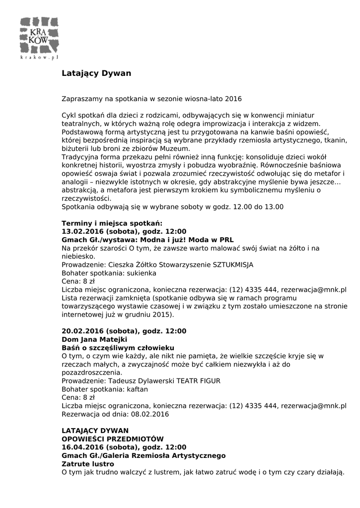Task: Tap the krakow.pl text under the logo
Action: pyautogui.click(x=39, y=58)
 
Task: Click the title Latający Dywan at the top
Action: pyautogui.click(x=96, y=73)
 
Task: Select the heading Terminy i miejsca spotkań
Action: pyautogui.click(x=112, y=223)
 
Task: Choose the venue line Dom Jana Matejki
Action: pyautogui.click(x=94, y=339)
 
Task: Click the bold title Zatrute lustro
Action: pyautogui.click(x=88, y=464)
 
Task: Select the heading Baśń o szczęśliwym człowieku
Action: pyautogui.click(x=118, y=348)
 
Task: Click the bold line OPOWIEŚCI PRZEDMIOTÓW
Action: pyautogui.click(x=112, y=439)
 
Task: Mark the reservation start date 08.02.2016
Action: pyautogui.click(x=150, y=414)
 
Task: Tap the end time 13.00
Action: pyautogui.click(x=273, y=207)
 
